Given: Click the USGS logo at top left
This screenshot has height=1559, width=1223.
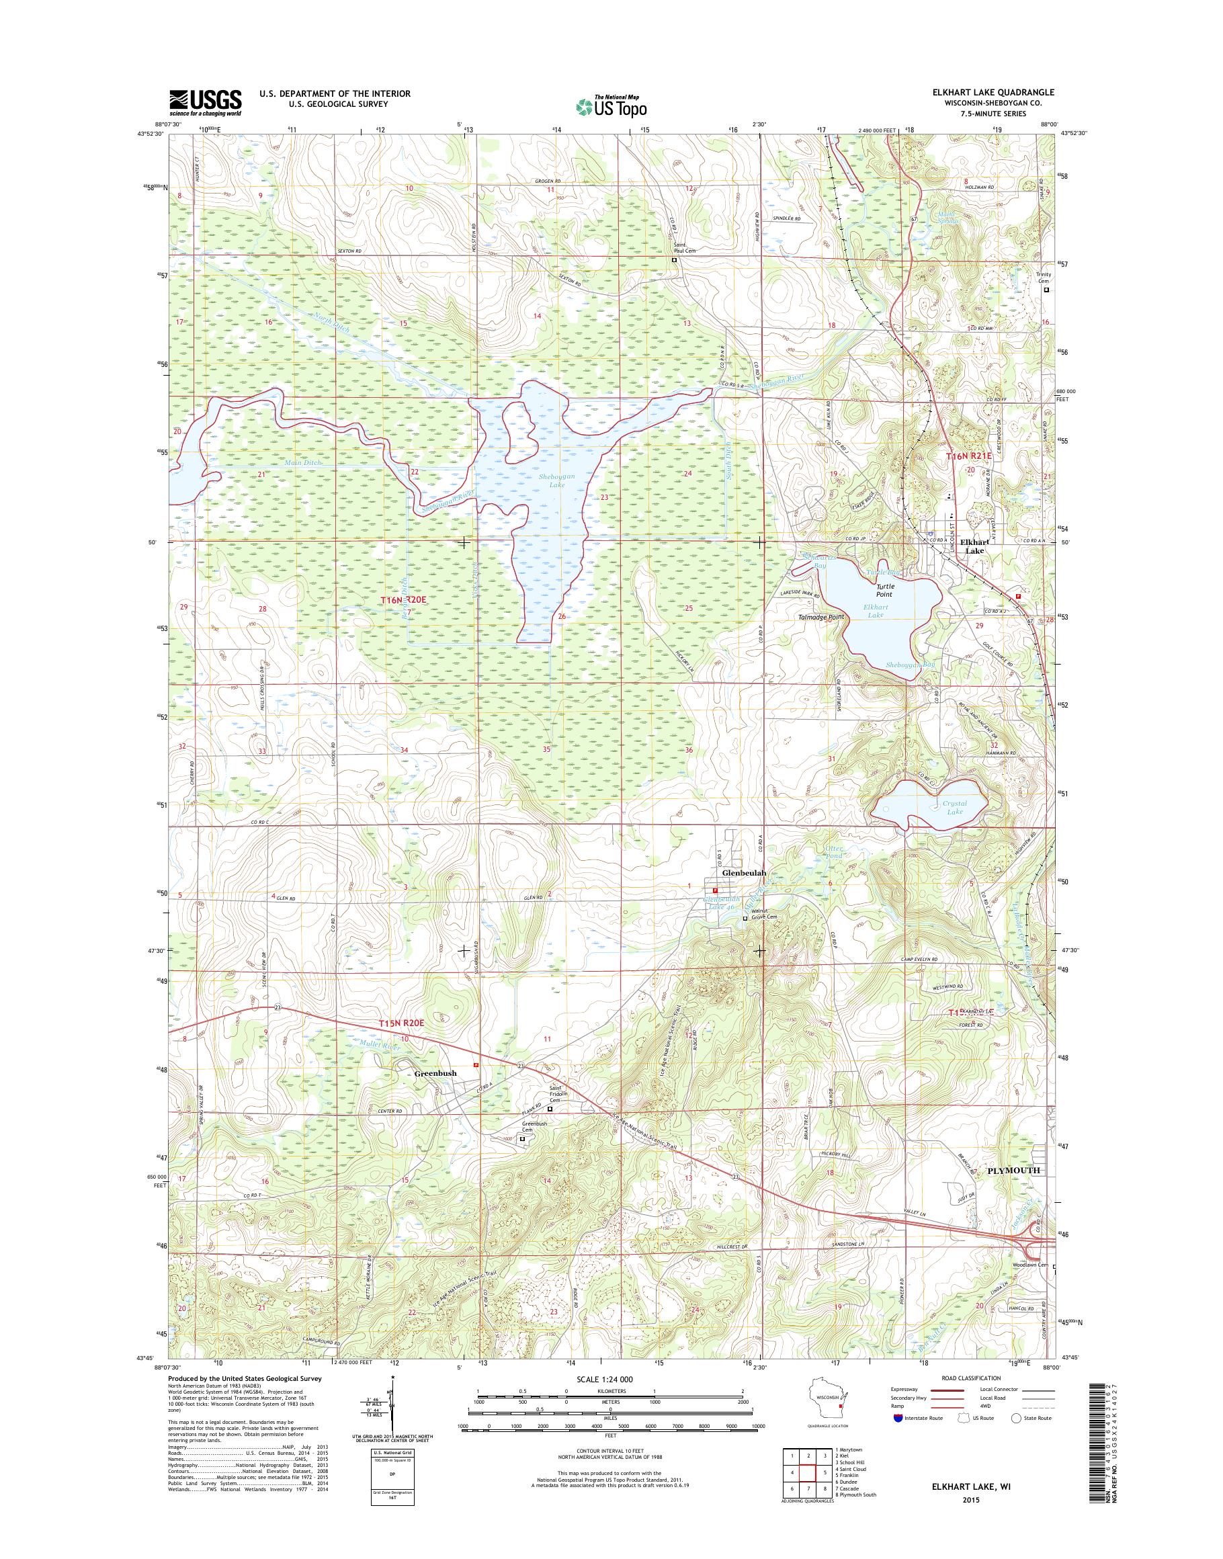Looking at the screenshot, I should (x=205, y=103).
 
